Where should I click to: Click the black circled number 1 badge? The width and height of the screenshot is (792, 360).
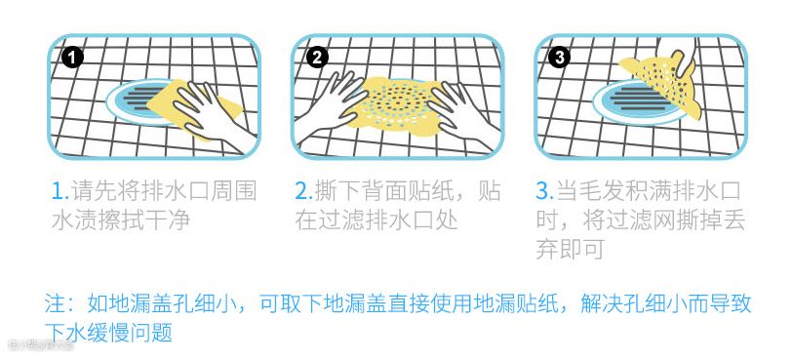72,59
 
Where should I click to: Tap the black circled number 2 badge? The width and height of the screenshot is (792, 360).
317,59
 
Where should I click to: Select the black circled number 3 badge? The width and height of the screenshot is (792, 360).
560,59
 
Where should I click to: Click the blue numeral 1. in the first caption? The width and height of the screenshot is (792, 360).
60,192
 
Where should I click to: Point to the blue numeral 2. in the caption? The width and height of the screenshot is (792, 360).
304,192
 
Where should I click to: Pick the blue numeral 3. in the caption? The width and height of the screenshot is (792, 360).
545,192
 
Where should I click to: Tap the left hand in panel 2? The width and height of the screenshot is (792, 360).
331,102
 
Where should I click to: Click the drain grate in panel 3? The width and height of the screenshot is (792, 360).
638,102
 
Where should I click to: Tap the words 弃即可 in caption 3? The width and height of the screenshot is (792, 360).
571,250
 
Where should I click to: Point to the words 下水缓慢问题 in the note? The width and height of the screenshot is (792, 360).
108,332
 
